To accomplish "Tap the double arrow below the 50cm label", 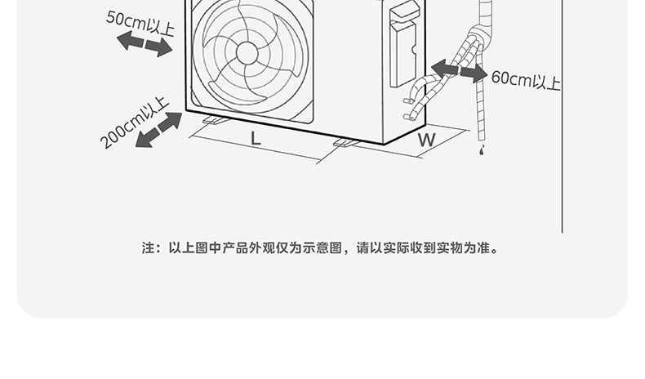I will pos(145,46).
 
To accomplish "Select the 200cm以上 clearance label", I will pos(134,123).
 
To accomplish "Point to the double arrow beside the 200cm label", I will pos(158,130).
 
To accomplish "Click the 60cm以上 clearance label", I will pos(526,80).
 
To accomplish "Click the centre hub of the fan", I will pos(247,52).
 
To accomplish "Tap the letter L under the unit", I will pos(256,138).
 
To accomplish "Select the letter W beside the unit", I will pos(426,140).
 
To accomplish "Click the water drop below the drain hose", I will pos(481,152).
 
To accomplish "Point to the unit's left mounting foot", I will pos(215,121).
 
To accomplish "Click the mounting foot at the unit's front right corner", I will pos(346,144).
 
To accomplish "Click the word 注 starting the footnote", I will pos(148,247).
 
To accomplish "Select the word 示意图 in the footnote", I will pos(326,247).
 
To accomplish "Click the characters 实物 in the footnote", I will pos(451,247).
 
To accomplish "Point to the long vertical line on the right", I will pos(563,123).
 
